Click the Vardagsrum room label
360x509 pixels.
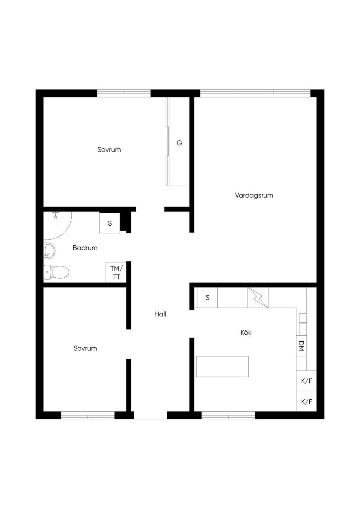(x=254, y=195)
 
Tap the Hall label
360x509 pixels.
(x=160, y=314)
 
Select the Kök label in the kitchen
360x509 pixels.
(x=246, y=333)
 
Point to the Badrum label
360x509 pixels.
(x=85, y=248)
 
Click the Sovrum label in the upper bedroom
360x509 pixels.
(x=109, y=150)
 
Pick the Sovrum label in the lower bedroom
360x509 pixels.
(x=85, y=348)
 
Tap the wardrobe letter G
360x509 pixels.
(x=179, y=143)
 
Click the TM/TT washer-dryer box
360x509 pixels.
(x=116, y=272)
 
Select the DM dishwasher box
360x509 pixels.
(x=301, y=346)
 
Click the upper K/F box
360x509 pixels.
(x=306, y=381)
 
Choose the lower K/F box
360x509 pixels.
(x=306, y=401)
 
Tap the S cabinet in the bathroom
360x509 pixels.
(x=110, y=223)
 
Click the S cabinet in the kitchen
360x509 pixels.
(x=207, y=297)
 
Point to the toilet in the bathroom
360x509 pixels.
(x=56, y=272)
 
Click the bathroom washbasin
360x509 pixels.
(x=49, y=250)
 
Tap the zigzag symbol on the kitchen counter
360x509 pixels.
(x=258, y=297)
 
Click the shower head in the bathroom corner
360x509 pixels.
(x=55, y=215)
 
